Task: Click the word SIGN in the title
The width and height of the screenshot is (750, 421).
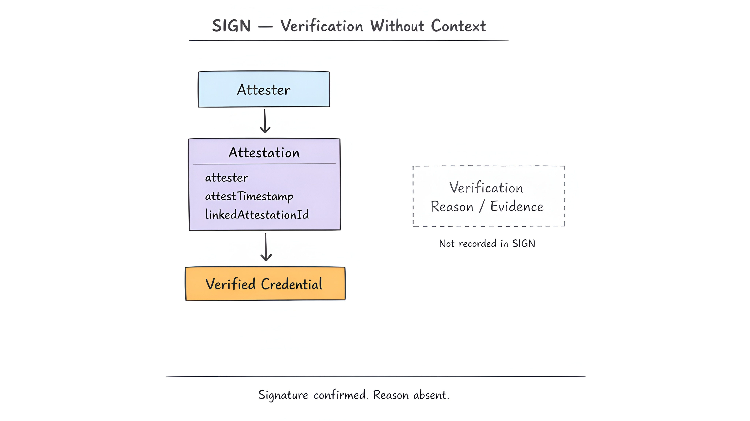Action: point(232,26)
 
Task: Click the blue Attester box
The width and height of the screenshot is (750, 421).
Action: point(264,89)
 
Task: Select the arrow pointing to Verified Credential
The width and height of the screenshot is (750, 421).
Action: point(266,247)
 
